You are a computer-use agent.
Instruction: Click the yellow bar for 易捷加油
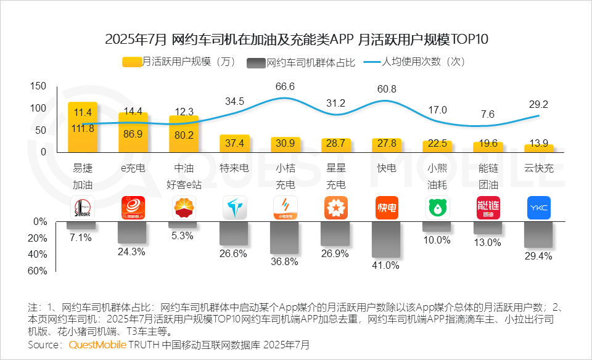pyautogui.click(x=82, y=127)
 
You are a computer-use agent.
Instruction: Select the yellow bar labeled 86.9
pyautogui.click(x=133, y=133)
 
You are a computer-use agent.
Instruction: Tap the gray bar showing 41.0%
pyautogui.click(x=386, y=240)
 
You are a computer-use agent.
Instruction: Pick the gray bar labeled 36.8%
pyautogui.click(x=285, y=237)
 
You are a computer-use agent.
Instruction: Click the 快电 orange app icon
pyautogui.click(x=387, y=208)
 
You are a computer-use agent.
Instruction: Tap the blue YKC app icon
pyautogui.click(x=538, y=208)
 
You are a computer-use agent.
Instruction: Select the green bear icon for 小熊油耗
pyautogui.click(x=438, y=208)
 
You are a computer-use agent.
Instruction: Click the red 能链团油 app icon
pyautogui.click(x=488, y=208)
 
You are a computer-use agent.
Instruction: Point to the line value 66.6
pyautogui.click(x=285, y=86)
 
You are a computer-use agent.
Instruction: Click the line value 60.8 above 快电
pyautogui.click(x=387, y=89)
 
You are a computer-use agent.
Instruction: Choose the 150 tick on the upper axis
pyautogui.click(x=38, y=86)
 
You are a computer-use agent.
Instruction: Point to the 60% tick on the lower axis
pyautogui.click(x=38, y=271)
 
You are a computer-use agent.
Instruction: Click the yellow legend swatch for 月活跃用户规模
pyautogui.click(x=132, y=62)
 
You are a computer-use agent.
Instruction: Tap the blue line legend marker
pyautogui.click(x=371, y=62)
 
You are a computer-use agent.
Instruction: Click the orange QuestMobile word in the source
pyautogui.click(x=96, y=344)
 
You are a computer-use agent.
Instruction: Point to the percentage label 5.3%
pyautogui.click(x=183, y=235)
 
